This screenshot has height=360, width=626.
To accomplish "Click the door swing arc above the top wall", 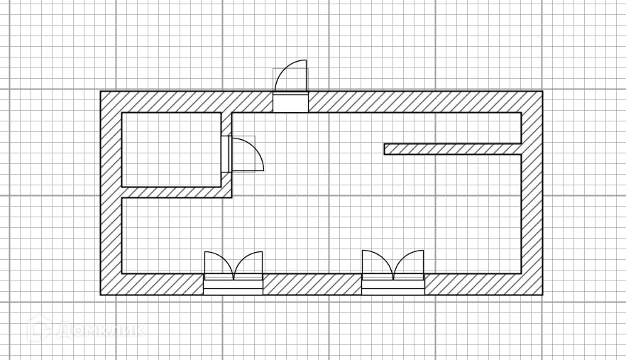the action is click(x=292, y=75).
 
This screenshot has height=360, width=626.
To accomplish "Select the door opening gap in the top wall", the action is click(x=291, y=102).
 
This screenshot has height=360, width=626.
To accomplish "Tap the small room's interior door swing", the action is click(x=247, y=155).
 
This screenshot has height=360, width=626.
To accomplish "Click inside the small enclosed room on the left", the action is click(x=171, y=149).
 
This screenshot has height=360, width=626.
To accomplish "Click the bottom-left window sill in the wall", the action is click(x=234, y=285).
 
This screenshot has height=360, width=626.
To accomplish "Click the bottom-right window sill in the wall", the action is click(x=393, y=285).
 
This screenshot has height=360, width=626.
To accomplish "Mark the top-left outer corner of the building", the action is click(x=101, y=92).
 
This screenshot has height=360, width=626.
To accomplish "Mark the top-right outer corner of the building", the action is click(x=542, y=92).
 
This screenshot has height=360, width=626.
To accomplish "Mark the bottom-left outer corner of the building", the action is click(x=101, y=295).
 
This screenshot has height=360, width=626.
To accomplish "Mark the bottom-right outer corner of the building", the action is click(x=542, y=295).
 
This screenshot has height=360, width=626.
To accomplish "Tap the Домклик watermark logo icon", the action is click(x=38, y=329).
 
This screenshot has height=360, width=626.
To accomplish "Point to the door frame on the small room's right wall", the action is click(x=225, y=154).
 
